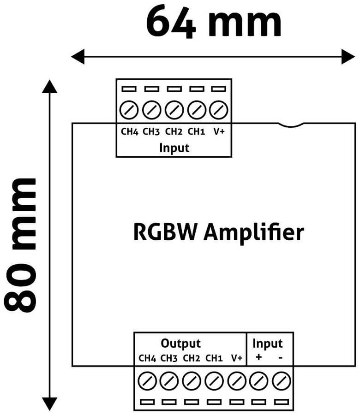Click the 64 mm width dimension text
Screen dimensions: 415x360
pyautogui.click(x=213, y=22)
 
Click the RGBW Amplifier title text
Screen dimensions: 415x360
pyautogui.click(x=218, y=232)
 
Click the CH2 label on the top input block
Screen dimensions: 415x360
pyautogui.click(x=174, y=132)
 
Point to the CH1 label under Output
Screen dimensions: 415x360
pyautogui.click(x=214, y=358)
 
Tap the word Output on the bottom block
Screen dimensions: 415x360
pyautogui.click(x=180, y=344)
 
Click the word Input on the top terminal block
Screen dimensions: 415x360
pyautogui.click(x=174, y=148)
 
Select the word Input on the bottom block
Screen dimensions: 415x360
pyautogui.click(x=267, y=344)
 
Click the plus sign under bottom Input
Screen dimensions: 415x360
pyautogui.click(x=258, y=357)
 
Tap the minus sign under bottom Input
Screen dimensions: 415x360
pyautogui.click(x=280, y=357)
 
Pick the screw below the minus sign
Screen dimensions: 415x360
pyautogui.click(x=281, y=381)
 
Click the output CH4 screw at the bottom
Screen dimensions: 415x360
pyautogui.click(x=147, y=381)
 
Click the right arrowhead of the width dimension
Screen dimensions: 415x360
pyautogui.click(x=348, y=57)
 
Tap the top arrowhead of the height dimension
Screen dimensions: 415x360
pyautogui.click(x=49, y=86)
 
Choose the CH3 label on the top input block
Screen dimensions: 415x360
pyautogui.click(x=151, y=132)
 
